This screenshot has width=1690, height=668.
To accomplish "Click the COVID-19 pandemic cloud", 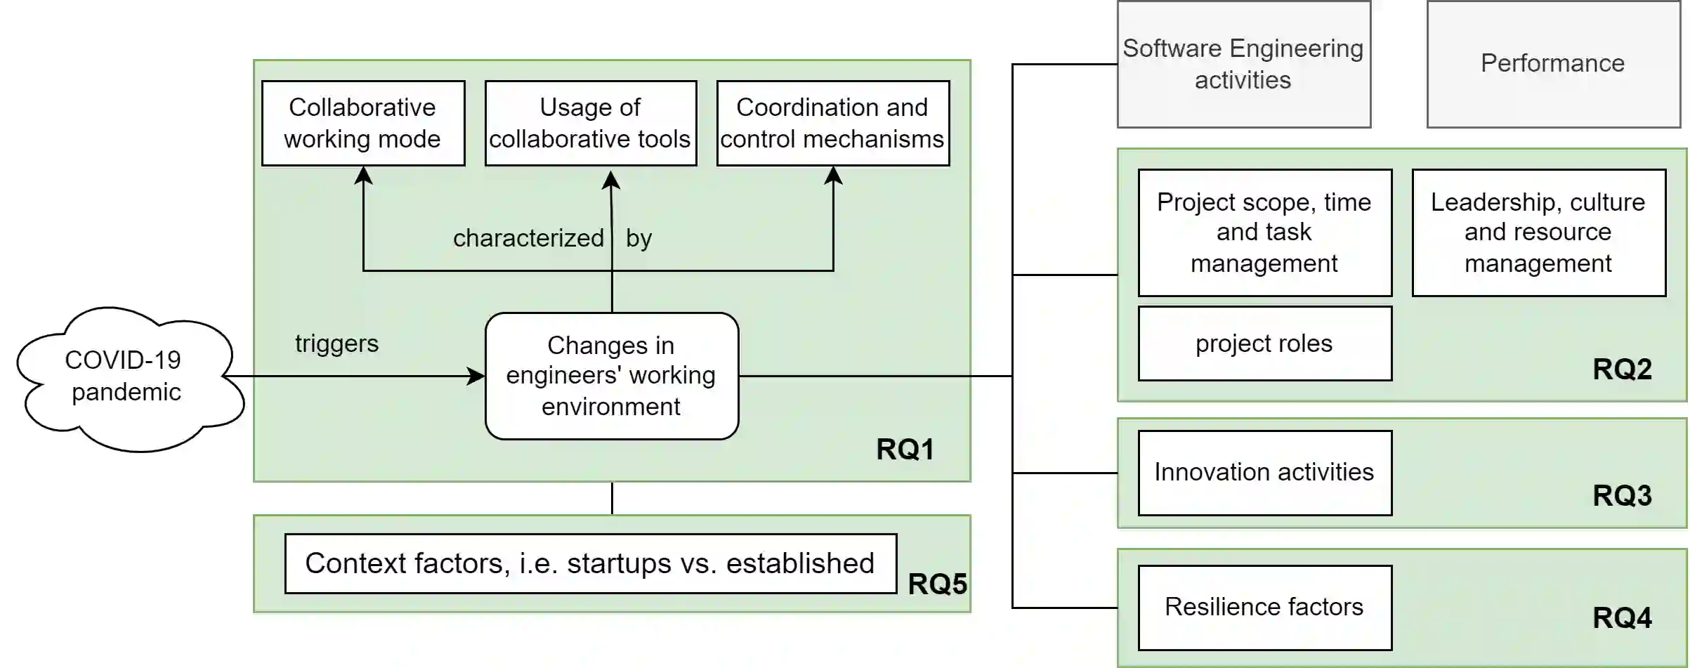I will tap(126, 377).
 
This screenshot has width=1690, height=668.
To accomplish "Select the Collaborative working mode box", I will tap(363, 124).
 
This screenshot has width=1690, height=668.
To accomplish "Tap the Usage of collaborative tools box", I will tap(591, 124).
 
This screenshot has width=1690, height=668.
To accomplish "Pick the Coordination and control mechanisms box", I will tap(833, 124).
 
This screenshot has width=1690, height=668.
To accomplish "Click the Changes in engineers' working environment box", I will tap(612, 376).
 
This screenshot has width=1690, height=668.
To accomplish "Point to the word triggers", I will tap(336, 343).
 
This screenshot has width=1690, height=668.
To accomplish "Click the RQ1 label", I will tap(905, 450).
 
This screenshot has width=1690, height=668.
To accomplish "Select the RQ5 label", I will tap(938, 584).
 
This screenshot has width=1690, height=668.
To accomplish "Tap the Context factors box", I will tap(591, 563).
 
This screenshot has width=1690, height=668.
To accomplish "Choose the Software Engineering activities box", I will tap(1244, 65).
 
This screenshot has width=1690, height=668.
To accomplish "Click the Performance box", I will tap(1553, 65).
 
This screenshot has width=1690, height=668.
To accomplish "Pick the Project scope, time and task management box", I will tap(1264, 233).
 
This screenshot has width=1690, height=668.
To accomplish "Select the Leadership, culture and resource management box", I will tap(1538, 233).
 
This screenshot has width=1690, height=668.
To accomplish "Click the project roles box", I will tap(1264, 343).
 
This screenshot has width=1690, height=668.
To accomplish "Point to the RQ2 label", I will tap(1622, 369).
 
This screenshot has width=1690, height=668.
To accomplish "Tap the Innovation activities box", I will tap(1264, 473).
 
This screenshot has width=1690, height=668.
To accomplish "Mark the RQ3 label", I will tap(1622, 496).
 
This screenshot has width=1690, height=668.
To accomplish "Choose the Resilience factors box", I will tap(1264, 608).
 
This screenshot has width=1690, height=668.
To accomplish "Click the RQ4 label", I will tap(1622, 618).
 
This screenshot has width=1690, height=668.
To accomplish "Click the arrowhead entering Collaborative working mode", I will tap(363, 176).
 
